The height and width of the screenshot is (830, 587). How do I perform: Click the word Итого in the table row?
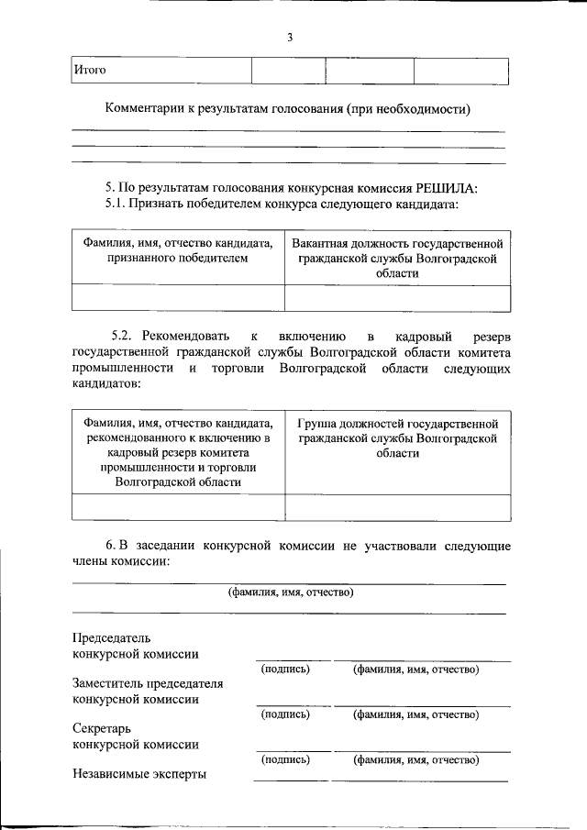click(x=91, y=71)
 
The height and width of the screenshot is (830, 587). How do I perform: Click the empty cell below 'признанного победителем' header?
click(x=178, y=299)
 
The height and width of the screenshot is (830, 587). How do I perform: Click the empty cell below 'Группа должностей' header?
click(x=397, y=507)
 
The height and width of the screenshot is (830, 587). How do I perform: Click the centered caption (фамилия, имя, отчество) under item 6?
click(x=291, y=592)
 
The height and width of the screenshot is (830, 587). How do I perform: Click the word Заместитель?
click(x=106, y=683)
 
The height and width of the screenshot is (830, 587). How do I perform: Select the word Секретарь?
click(x=99, y=728)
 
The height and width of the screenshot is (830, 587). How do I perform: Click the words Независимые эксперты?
click(x=138, y=774)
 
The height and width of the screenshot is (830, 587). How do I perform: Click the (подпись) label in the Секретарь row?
click(x=285, y=759)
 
